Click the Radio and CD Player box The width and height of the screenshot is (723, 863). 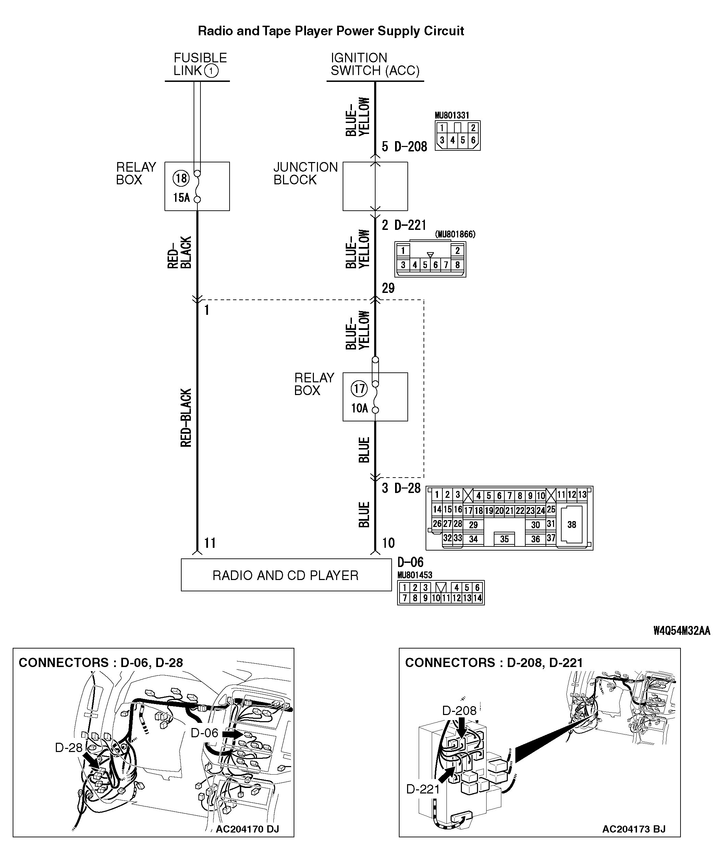click(286, 575)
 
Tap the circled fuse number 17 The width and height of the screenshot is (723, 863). click(359, 389)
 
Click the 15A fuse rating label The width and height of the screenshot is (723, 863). click(181, 198)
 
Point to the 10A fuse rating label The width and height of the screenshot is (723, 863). click(359, 408)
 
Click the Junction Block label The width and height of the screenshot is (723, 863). click(305, 173)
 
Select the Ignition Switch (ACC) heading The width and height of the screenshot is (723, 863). click(375, 64)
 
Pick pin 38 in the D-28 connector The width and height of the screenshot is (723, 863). click(571, 525)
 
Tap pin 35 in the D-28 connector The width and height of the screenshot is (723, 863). click(504, 539)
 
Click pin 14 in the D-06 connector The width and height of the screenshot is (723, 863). click(477, 599)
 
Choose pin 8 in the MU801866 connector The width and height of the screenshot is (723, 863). click(457, 265)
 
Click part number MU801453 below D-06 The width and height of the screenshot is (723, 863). click(414, 575)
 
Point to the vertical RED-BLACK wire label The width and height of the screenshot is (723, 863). click(186, 418)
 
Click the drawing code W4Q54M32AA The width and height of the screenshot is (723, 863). click(682, 631)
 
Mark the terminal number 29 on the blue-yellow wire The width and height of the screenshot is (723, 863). click(388, 288)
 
